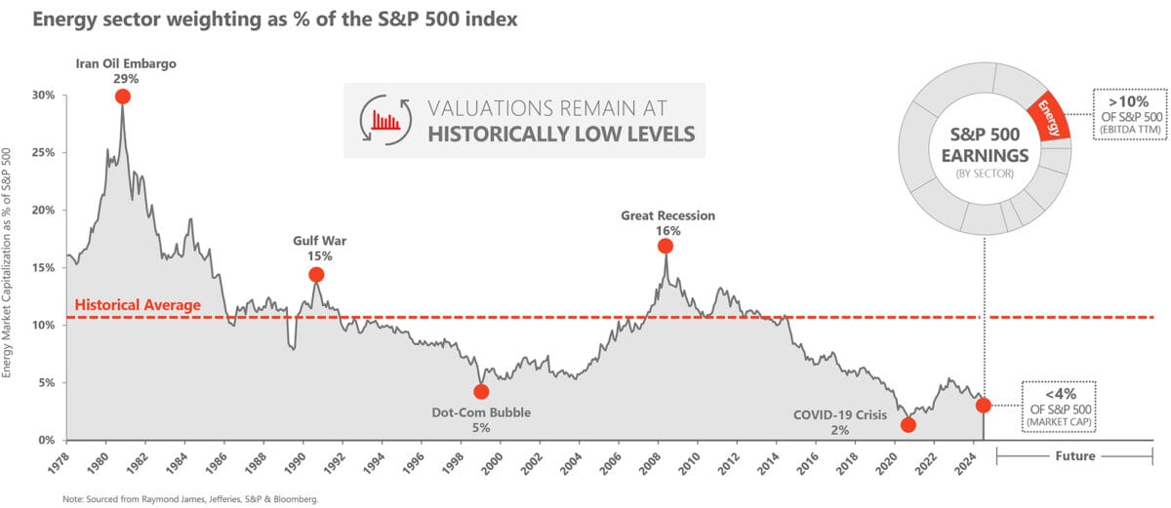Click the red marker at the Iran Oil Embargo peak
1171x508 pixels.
coord(122,96)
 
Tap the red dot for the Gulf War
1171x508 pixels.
coord(316,274)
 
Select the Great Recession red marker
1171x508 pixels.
coord(666,246)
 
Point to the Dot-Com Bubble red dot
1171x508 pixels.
coord(481,392)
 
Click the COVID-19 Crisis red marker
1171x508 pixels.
coord(909,424)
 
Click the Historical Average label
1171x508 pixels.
coord(138,305)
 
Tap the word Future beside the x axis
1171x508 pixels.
coord(1075,456)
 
